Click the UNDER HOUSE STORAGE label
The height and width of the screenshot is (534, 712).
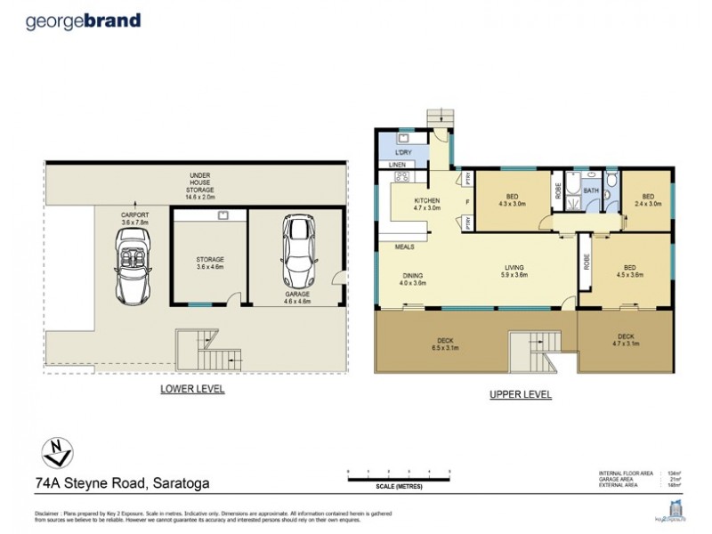(192, 184)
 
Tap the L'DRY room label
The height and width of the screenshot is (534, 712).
(400, 154)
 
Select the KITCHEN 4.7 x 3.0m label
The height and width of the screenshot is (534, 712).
(426, 206)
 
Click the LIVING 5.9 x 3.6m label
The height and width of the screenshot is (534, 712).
(514, 271)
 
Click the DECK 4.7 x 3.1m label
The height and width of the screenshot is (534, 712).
(627, 340)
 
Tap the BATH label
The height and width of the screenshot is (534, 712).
(591, 190)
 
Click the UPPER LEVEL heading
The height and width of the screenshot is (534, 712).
(521, 394)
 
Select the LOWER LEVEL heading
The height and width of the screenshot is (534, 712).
(191, 389)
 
